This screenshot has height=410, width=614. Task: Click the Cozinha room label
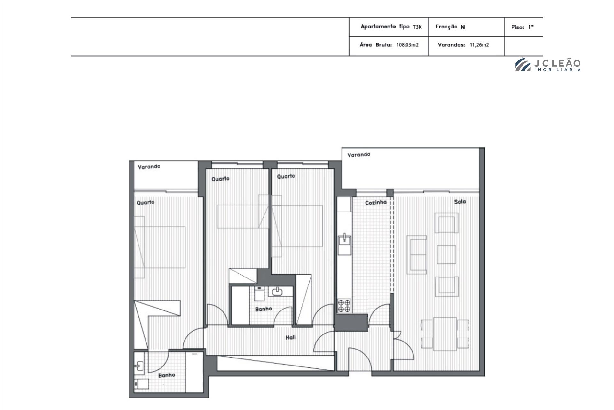point(376,202)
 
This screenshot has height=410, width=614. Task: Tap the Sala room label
point(460,202)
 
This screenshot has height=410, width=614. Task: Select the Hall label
point(291,337)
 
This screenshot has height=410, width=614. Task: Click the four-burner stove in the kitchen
point(344,306)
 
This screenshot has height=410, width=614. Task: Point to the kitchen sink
point(344,240)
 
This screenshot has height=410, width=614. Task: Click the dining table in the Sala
point(445,334)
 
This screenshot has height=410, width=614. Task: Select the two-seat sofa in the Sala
point(416,255)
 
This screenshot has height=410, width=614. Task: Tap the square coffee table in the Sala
point(446,255)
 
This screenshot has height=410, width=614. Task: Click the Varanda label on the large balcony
point(359,155)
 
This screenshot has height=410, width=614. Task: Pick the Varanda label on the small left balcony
point(149,167)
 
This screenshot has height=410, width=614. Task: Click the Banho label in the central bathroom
point(264,309)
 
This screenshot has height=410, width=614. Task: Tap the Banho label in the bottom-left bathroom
point(167,375)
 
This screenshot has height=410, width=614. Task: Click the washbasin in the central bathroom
point(277,291)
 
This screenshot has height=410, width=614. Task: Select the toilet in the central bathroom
point(259,293)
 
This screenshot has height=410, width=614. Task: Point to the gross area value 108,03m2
point(407,45)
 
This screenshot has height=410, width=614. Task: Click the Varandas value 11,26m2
point(479,45)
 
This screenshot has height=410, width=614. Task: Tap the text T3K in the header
point(417,27)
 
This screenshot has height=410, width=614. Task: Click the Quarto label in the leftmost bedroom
point(146,203)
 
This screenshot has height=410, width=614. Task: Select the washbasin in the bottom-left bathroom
point(139,366)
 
